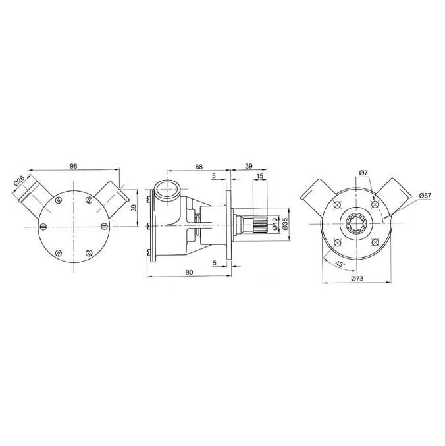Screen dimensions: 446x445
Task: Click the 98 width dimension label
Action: coord(73,167)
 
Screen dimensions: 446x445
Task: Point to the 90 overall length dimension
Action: coord(190,273)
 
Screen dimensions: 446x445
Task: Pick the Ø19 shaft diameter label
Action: coord(275,226)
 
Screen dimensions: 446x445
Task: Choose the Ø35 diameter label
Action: coord(286,226)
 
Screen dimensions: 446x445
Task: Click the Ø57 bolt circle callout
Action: coord(425,196)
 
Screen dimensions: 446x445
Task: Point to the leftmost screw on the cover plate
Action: coord(43,227)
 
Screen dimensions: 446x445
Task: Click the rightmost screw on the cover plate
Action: coord(104,227)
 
